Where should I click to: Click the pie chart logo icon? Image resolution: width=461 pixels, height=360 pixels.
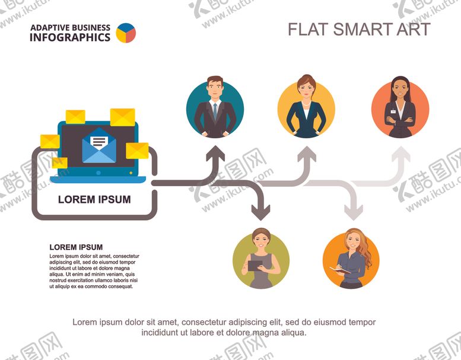coord(126,33)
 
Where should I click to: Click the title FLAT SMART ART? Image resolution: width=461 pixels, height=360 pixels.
coord(359,29)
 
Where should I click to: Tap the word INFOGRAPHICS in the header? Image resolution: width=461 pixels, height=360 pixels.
coord(70,37)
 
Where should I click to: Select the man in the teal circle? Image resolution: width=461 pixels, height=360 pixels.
coord(215,109)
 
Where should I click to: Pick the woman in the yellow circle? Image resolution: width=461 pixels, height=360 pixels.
coord(306,109)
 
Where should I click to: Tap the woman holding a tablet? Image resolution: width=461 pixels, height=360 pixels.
coord(261,260)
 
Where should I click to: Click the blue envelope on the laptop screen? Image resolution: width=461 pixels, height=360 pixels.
coord(99,146)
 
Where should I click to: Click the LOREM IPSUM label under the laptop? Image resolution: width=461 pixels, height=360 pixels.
coord(94,200)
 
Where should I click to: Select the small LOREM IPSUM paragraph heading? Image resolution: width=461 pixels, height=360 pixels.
coord(76,247)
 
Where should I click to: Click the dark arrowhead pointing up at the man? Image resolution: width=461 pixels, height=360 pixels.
coord(215,155)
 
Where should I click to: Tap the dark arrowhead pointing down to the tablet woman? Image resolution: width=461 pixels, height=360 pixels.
coord(260,211)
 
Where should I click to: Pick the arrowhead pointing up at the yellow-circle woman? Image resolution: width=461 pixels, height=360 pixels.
coord(307,155)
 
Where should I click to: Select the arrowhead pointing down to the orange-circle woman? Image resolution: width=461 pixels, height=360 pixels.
coord(354,211)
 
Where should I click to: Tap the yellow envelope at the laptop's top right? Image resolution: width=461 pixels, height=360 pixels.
coord(122,117)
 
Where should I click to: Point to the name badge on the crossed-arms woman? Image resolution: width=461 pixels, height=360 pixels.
coord(392,110)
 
